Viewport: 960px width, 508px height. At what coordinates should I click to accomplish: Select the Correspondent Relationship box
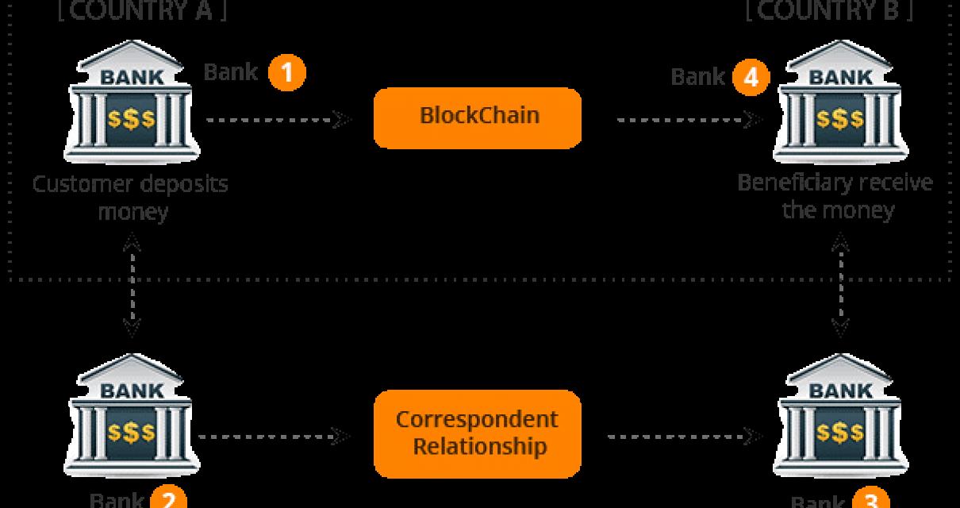point(478,433)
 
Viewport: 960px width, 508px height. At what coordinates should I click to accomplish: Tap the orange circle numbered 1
point(286,73)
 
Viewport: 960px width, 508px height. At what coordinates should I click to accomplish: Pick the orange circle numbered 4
point(751,77)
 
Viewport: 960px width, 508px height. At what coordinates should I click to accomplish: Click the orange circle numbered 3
point(870,501)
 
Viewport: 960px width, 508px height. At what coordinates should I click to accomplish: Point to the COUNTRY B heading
point(829,11)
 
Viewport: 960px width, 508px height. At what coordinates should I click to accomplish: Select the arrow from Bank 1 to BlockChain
point(278,120)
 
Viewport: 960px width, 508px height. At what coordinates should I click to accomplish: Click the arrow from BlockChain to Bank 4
point(689,120)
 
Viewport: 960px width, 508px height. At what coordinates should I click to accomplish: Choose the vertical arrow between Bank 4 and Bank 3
point(839,286)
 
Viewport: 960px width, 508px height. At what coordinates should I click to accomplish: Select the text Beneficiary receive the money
point(835,196)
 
